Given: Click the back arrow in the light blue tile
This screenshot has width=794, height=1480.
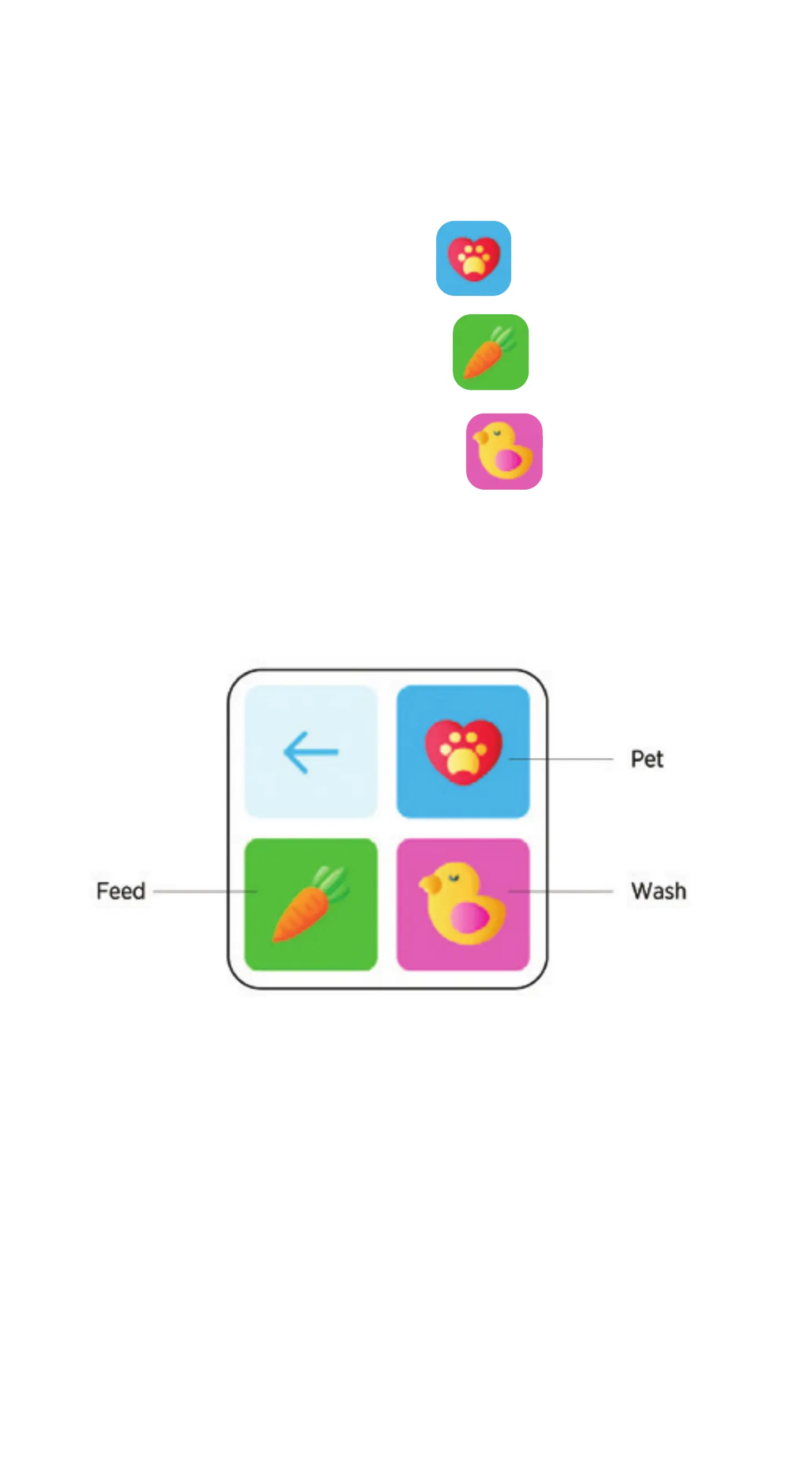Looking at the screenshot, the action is pos(311,752).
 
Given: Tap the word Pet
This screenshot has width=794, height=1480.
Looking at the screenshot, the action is pos(646,759).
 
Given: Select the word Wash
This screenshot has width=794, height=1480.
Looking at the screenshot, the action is pos(658,891).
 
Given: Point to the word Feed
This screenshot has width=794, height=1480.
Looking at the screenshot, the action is pos(121,891).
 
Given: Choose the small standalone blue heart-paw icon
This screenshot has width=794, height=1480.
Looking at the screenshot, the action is pos(473,259).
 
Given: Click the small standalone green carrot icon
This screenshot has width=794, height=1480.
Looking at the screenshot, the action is pos(491,352).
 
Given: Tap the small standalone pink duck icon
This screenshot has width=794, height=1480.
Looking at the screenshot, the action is pos(504,451).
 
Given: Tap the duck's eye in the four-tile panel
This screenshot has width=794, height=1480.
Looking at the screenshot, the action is pos(453,877).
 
